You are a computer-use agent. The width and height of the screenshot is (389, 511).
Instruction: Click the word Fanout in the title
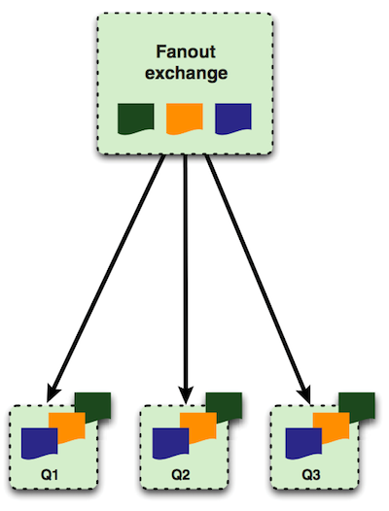point(186,51)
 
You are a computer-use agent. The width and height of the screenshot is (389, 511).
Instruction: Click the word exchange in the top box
point(186,73)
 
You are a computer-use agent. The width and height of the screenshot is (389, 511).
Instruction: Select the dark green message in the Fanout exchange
point(135,119)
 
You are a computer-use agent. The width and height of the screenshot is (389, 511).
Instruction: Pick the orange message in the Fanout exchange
point(185,119)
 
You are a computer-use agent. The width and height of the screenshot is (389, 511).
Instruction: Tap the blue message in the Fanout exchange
point(233,119)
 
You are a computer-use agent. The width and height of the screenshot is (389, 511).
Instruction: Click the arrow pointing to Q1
point(106,279)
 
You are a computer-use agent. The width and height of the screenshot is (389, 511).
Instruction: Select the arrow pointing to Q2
point(186,279)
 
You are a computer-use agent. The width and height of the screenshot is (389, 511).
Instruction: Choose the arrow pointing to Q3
point(258,279)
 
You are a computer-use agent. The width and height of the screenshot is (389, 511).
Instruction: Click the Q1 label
point(50,475)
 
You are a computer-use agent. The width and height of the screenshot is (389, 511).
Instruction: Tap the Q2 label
point(181,475)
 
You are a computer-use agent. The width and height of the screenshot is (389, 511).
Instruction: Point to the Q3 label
point(311,475)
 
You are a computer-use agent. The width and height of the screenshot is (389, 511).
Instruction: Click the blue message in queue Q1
point(39,444)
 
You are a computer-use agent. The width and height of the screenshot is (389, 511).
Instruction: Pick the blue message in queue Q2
point(170,444)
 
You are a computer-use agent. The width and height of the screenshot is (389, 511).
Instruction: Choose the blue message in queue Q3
point(303,444)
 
